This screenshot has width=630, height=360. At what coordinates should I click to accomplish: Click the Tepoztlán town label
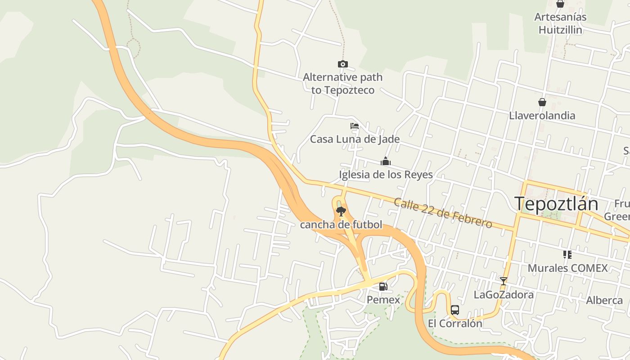click(x=556, y=204)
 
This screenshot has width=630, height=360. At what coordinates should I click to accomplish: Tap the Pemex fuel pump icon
click(x=383, y=287)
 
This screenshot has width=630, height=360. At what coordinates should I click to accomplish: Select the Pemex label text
click(x=383, y=300)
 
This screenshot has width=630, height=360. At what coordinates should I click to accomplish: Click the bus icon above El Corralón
click(x=455, y=310)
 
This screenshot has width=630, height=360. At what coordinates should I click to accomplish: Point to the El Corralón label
click(x=455, y=323)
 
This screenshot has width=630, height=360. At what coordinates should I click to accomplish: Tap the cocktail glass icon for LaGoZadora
click(x=504, y=281)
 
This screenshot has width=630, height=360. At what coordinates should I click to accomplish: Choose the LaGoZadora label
click(x=504, y=295)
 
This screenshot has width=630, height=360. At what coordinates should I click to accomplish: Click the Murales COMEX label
click(x=567, y=268)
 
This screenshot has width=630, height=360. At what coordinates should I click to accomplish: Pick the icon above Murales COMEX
click(x=567, y=255)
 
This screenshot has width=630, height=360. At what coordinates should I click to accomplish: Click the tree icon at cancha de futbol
click(x=341, y=211)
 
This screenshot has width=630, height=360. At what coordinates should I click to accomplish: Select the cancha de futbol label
click(x=341, y=225)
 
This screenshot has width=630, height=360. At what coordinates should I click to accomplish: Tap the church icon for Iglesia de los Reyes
click(x=386, y=161)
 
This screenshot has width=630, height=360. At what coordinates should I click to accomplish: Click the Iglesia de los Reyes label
click(x=386, y=175)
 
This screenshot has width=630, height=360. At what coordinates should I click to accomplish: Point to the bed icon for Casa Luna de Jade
click(x=355, y=126)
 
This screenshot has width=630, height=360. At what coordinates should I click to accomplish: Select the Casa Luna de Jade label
click(x=355, y=139)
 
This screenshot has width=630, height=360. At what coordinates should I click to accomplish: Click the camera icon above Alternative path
click(x=343, y=64)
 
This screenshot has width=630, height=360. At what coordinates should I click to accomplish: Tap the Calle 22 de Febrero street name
click(x=443, y=212)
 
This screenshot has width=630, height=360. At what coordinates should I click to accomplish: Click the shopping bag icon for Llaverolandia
click(x=542, y=102)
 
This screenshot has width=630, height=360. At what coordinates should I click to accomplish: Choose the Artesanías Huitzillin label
click(x=560, y=23)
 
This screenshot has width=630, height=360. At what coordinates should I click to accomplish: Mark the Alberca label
click(x=604, y=300)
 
